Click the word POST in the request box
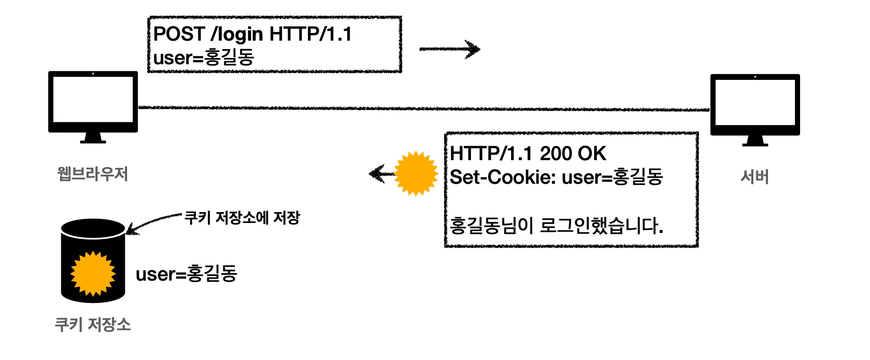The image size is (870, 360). (x=179, y=34)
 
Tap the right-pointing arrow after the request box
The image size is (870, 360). (x=450, y=49)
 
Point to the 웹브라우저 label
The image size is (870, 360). (x=93, y=174)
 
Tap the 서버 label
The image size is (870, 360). (x=755, y=177)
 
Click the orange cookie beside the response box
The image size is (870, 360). (x=416, y=173)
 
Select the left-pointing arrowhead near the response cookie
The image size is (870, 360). (x=377, y=173)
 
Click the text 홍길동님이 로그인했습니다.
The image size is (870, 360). (x=556, y=225)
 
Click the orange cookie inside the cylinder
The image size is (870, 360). (x=93, y=274)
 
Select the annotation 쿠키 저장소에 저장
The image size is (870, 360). (x=242, y=218)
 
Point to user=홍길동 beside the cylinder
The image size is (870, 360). (x=186, y=274)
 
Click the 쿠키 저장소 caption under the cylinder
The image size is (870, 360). (x=93, y=325)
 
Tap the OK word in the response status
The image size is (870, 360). (x=592, y=154)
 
